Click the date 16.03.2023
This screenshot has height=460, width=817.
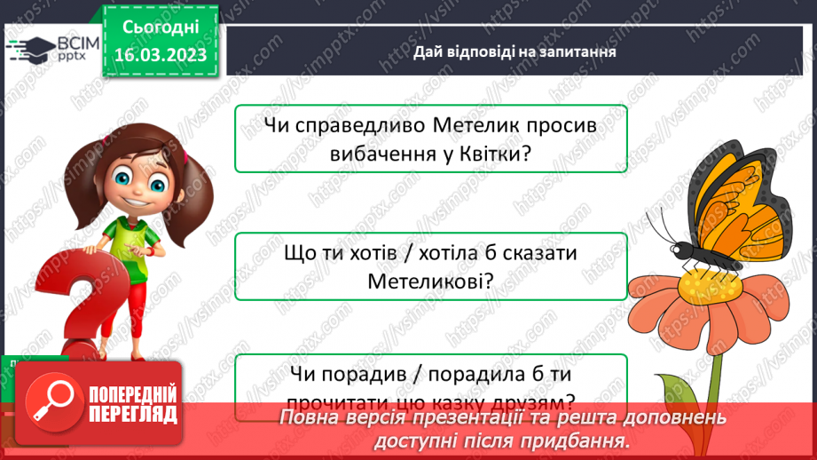click(x=160, y=55)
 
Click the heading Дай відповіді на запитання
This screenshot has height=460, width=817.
click(x=515, y=52)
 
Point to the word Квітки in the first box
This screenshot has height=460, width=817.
click(x=491, y=152)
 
